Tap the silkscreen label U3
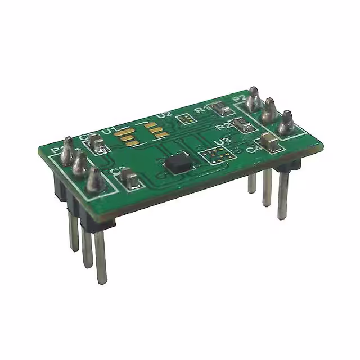coord(222,141)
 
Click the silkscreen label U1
coord(109,132)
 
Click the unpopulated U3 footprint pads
coord(214,155)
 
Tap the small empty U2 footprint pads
coord(184,119)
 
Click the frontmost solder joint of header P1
coord(94,181)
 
